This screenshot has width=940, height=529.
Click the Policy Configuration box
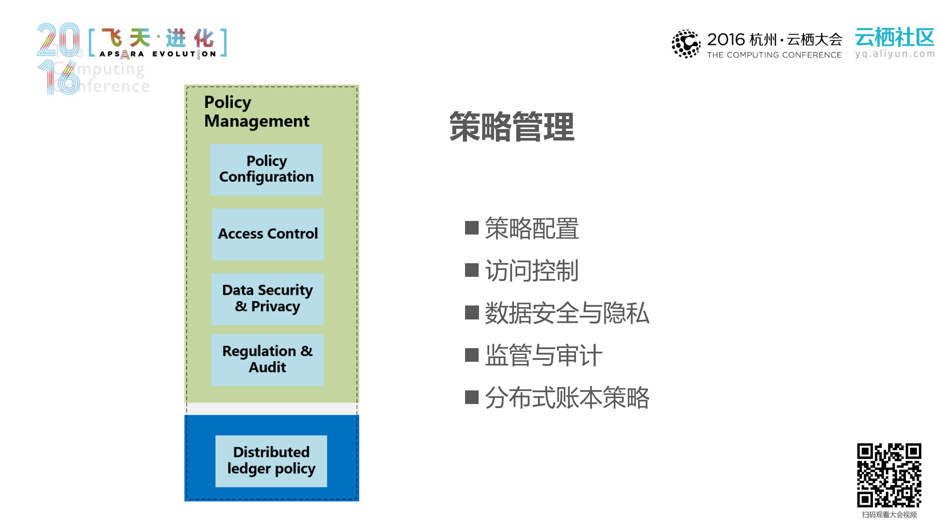(x=266, y=169)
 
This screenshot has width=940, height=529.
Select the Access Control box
(x=268, y=234)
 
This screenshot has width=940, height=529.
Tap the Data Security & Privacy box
(x=267, y=299)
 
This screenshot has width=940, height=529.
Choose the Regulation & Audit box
(x=267, y=360)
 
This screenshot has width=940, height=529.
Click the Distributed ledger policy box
(x=271, y=461)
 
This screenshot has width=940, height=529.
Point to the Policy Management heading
(x=256, y=111)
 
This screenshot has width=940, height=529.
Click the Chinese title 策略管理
(x=512, y=127)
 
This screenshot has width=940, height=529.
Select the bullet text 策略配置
(x=532, y=228)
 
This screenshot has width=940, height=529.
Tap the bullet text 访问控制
(x=532, y=271)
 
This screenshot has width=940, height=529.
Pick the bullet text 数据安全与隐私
(x=567, y=313)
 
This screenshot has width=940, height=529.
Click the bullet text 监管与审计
(x=543, y=355)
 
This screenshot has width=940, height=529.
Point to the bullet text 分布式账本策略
(x=567, y=397)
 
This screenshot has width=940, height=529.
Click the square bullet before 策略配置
(x=472, y=228)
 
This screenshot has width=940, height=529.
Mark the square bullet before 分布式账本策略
(x=472, y=397)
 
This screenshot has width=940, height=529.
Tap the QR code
(x=889, y=475)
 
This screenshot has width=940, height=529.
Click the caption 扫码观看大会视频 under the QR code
(x=889, y=515)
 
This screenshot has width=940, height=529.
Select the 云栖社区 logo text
(x=894, y=37)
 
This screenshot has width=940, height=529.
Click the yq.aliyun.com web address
(x=894, y=54)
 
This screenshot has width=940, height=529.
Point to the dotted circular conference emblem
(x=685, y=44)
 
